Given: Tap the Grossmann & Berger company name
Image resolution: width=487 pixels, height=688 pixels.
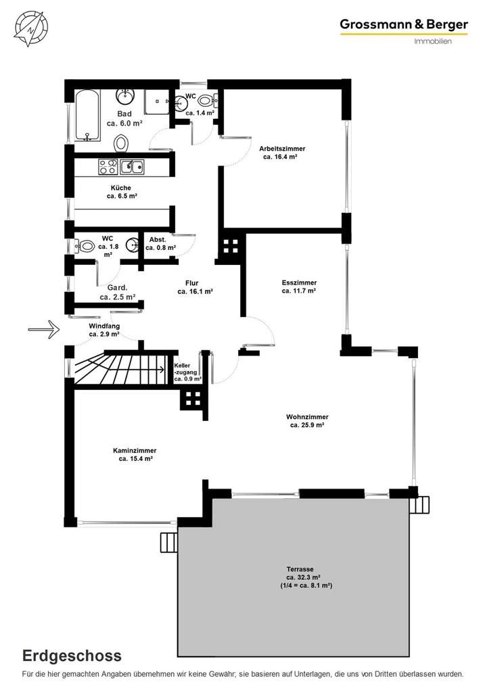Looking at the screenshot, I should [x=403, y=25].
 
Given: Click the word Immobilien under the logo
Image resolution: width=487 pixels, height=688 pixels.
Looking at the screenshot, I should [x=432, y=42].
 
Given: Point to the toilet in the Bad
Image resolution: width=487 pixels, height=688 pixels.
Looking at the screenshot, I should [x=121, y=143].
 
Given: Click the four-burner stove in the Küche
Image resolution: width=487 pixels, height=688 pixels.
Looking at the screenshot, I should [x=108, y=166].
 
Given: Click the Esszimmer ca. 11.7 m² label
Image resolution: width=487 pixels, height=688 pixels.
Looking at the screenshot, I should [x=299, y=287].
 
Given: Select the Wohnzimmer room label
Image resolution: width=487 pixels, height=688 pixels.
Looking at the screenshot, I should [x=308, y=421].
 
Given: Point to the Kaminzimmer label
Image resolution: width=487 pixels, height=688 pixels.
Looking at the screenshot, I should [x=135, y=454].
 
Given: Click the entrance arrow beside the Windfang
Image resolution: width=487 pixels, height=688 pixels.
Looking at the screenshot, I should [x=44, y=329].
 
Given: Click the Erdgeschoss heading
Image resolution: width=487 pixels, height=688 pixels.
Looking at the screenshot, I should [x=72, y=655].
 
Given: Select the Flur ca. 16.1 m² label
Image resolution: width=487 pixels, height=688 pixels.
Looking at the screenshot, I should [x=195, y=287].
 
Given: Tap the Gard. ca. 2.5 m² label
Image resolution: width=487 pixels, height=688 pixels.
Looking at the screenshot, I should [x=117, y=293].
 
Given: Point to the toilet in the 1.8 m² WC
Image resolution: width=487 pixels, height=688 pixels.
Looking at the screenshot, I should [x=86, y=247].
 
